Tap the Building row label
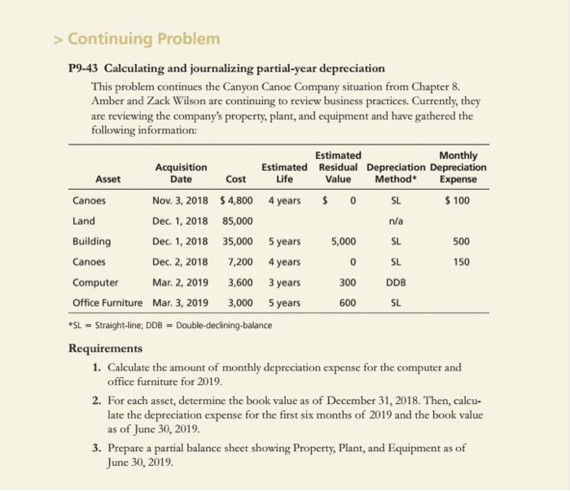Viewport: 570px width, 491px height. click(91, 241)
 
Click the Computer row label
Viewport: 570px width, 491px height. click(95, 283)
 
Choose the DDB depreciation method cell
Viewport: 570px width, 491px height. click(396, 283)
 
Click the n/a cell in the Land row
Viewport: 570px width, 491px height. click(396, 220)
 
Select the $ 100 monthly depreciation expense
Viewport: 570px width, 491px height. click(456, 199)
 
